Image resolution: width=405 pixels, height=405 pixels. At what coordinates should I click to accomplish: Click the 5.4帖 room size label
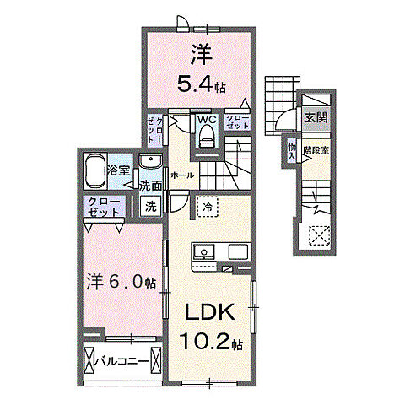199,85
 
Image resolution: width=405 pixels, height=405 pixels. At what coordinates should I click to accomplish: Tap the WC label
206,120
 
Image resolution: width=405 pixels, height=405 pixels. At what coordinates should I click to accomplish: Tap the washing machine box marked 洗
150,205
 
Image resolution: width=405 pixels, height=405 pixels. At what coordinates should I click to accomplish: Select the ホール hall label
181,175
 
